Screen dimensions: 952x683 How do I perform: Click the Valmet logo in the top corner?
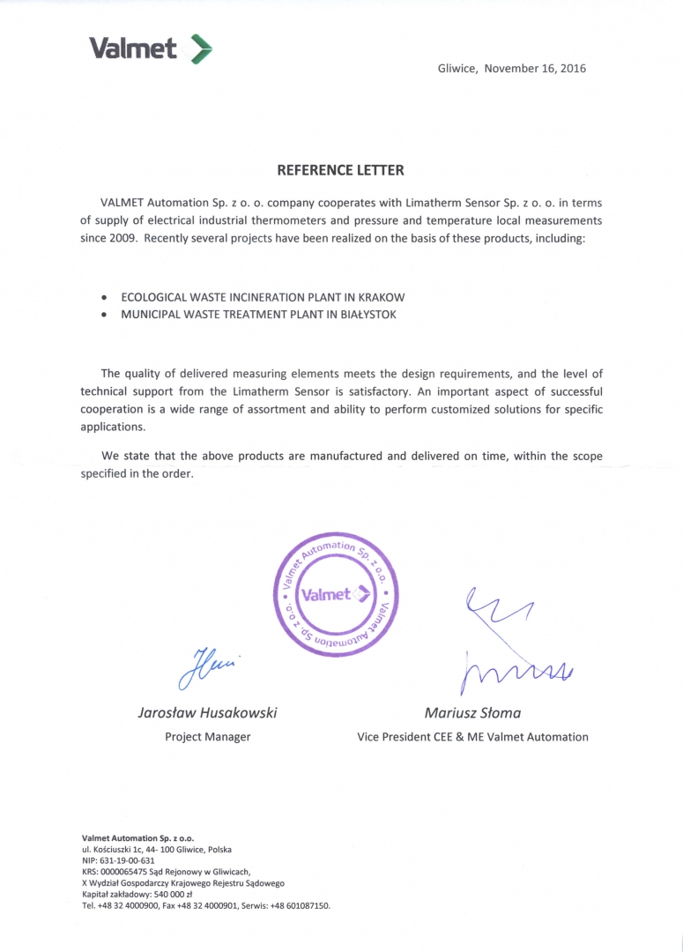[x=151, y=49]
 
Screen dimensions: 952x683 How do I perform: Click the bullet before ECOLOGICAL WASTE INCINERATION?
[x=105, y=298]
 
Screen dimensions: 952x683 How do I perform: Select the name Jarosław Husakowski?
[x=208, y=712]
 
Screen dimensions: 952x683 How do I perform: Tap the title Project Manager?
[x=208, y=737]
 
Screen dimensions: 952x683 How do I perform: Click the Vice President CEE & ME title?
[x=472, y=737]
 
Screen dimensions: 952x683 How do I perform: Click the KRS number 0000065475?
[x=129, y=872]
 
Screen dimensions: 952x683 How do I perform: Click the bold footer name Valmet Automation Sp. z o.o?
[x=138, y=837]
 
